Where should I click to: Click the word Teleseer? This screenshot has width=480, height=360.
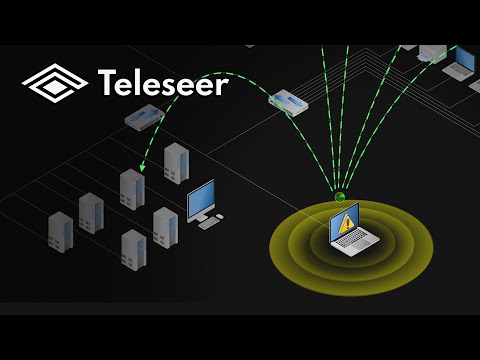coord(163,84)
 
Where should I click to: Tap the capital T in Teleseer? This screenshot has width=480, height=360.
coord(108,84)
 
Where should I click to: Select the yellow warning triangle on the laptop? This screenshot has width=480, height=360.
coord(346,223)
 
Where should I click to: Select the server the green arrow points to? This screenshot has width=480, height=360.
coord(131,188)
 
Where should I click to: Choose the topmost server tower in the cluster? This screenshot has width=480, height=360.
coord(176,162)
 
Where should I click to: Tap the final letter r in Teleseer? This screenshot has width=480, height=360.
coord(222,86)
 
